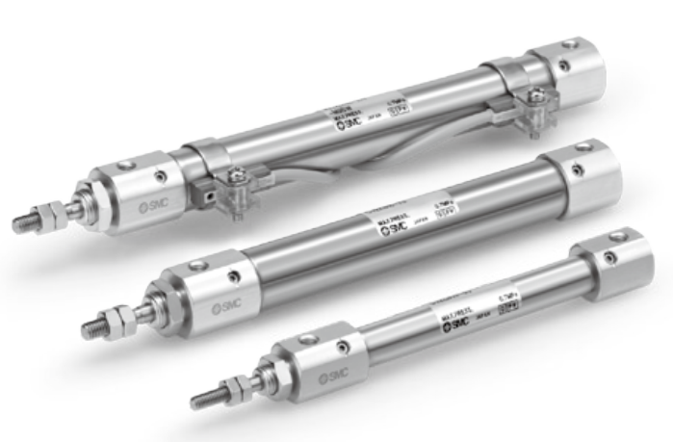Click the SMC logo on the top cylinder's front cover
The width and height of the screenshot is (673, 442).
pos(146,205)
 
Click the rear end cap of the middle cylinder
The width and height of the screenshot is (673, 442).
pos(582,175)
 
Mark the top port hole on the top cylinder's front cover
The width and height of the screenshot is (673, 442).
pos(125,167)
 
